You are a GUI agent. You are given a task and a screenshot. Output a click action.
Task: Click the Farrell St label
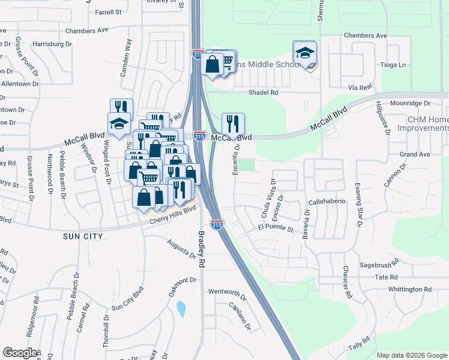(x=108, y=11)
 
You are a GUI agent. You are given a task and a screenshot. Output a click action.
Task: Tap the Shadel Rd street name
(x=264, y=92)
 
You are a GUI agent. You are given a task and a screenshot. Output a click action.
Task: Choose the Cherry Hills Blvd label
(x=174, y=215)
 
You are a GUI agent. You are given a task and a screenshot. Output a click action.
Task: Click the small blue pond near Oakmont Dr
(x=181, y=310)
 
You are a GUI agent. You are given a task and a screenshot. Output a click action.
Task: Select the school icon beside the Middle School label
(x=305, y=53)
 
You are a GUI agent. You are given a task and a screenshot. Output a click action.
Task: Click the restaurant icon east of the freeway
(x=232, y=124)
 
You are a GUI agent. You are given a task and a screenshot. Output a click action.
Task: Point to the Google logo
(x=20, y=353)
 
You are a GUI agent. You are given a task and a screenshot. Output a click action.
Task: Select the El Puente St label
(x=275, y=229)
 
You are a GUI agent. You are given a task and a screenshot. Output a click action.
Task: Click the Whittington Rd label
(x=409, y=289)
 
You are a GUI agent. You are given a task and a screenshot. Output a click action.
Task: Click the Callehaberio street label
(x=327, y=202)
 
